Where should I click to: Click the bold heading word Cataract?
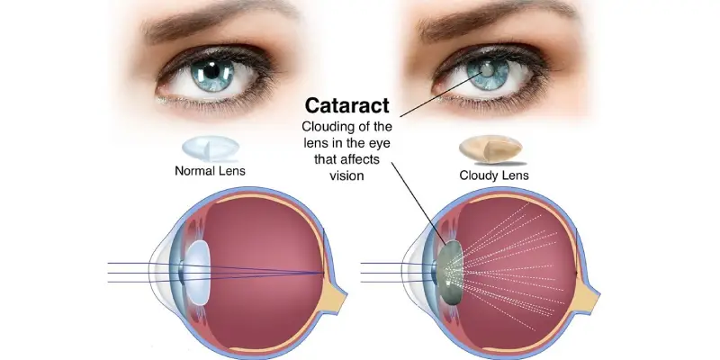pyautogui.click(x=347, y=105)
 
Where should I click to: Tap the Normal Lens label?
pyautogui.click(x=210, y=171)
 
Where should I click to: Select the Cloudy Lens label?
pyautogui.click(x=494, y=175)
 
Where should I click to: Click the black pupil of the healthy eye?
pyautogui.click(x=211, y=71)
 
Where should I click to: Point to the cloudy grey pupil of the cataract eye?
pyautogui.click(x=487, y=71)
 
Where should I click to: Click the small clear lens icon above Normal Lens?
pyautogui.click(x=211, y=148)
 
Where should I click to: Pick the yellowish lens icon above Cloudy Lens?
pyautogui.click(x=490, y=148)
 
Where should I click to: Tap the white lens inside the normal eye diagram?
pyautogui.click(x=198, y=273)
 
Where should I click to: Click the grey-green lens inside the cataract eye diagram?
pyautogui.click(x=450, y=272)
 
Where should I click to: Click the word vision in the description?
pyautogui.click(x=347, y=175)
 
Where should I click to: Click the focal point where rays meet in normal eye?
pyautogui.click(x=323, y=273)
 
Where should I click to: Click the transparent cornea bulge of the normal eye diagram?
pyautogui.click(x=160, y=272)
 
